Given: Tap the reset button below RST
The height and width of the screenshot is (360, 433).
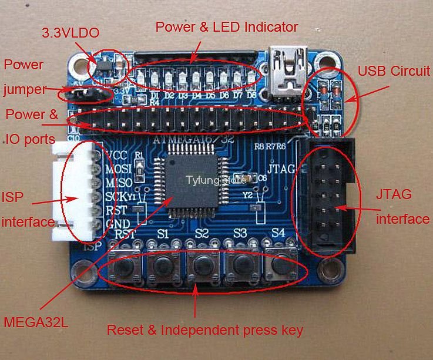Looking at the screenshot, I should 124,267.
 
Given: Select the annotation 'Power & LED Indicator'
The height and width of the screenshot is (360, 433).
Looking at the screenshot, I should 227,27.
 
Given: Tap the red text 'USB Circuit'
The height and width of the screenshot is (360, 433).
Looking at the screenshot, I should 394,71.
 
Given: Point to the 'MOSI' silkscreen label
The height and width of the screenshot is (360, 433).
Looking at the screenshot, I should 119,170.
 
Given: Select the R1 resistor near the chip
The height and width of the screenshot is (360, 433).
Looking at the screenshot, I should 139,171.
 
